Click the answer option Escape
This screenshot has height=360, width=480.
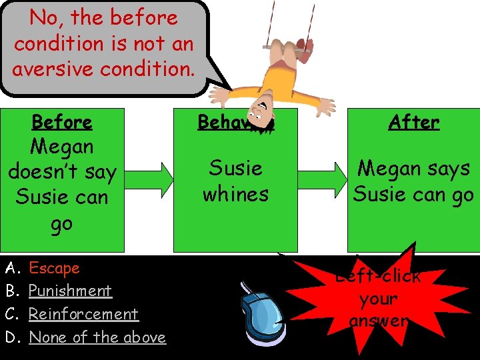tap(54, 268)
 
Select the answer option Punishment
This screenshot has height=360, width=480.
tap(70, 291)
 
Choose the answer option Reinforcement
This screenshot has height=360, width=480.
tap(83, 314)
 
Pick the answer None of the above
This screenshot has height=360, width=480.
tap(97, 337)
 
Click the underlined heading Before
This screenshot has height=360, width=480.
tap(62, 122)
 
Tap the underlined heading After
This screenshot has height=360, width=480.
tap(414, 122)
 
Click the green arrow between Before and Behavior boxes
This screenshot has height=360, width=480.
tap(149, 180)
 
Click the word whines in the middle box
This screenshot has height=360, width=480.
tap(235, 194)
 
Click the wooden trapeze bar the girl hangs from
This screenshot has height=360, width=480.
tap(288, 47)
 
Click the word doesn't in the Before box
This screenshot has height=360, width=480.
tap(62, 172)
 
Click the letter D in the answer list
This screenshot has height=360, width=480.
tap(11, 337)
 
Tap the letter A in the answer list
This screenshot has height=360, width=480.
tap(11, 268)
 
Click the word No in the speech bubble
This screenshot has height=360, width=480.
tap(43, 18)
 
